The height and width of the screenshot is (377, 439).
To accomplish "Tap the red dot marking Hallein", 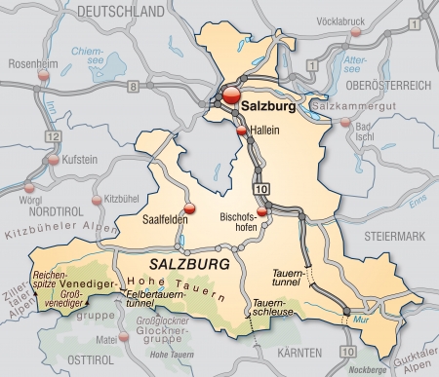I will coord(241,130).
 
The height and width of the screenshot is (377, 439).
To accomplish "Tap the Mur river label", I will coord(363,319).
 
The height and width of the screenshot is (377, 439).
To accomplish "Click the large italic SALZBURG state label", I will coord(191,265).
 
